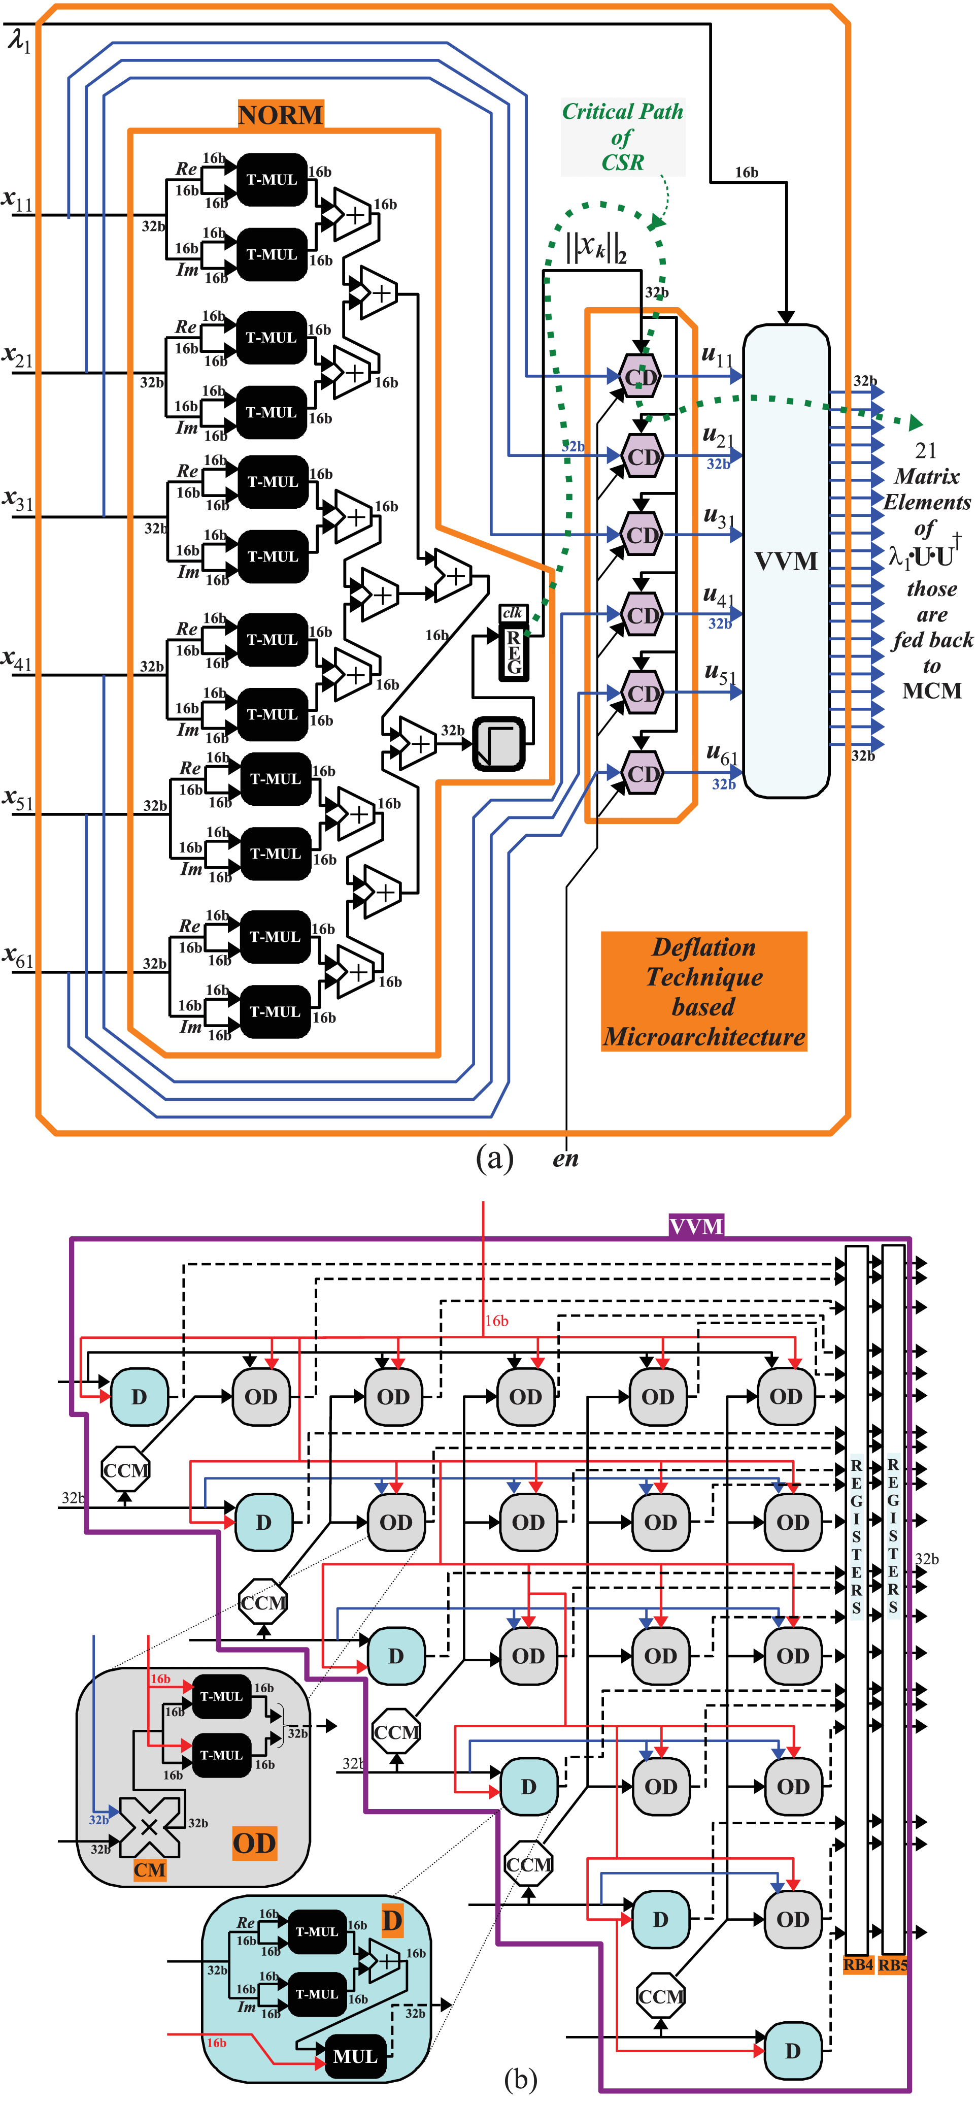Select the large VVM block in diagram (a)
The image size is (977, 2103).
785,561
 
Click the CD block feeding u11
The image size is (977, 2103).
640,376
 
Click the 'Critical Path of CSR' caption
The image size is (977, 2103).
622,137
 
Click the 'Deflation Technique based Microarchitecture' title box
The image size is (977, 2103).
703,991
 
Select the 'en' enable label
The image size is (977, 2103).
565,1159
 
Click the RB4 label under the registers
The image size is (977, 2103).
858,1965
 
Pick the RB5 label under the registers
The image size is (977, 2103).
892,1965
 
